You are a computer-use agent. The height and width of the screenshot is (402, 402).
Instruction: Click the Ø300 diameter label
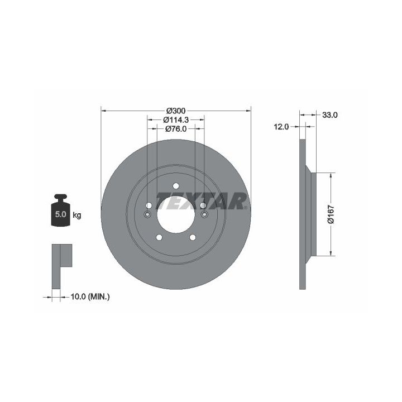point(176,111)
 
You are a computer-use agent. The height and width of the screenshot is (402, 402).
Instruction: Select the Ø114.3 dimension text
point(176,119)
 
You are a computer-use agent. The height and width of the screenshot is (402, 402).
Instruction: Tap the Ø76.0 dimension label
point(176,129)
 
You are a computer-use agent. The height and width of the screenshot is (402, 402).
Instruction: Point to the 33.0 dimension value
point(330,115)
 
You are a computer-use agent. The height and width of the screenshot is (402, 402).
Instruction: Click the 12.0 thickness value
point(281,127)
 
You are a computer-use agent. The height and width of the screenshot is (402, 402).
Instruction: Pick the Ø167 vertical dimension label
point(331,214)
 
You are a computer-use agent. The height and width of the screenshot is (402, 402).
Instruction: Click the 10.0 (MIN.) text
point(90,297)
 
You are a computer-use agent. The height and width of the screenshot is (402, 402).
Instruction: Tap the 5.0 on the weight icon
point(60,214)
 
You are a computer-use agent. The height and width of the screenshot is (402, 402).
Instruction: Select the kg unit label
point(77,215)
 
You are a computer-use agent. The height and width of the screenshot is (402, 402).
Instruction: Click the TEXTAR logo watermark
point(202,201)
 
